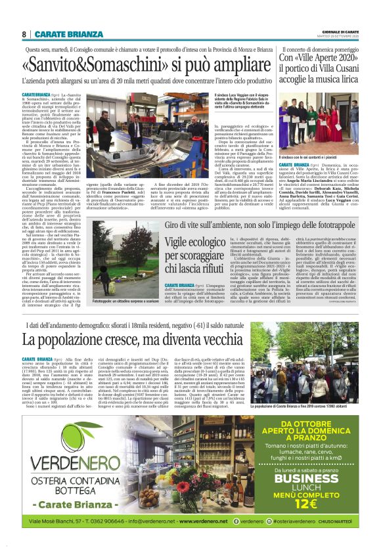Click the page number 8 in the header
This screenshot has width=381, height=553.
[x=24, y=33]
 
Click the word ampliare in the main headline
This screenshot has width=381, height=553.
[x=235, y=66]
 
